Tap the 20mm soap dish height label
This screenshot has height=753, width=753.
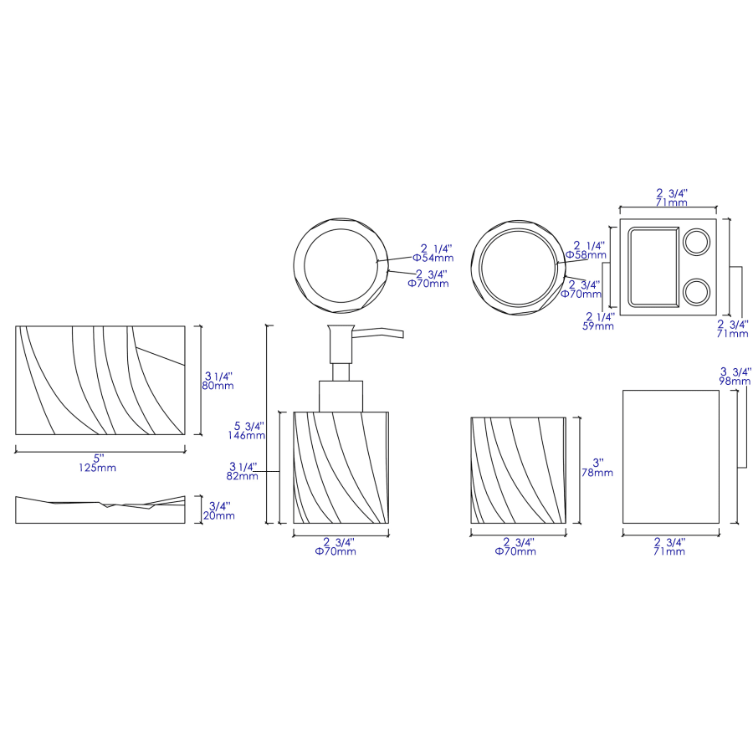tap(219, 515)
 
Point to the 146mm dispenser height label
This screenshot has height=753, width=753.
tap(250, 435)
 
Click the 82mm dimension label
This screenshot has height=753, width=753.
tap(242, 476)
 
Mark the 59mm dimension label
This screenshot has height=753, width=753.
tap(599, 326)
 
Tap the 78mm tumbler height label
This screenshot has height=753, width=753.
tap(597, 473)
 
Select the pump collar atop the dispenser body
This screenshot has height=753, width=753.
tap(341, 396)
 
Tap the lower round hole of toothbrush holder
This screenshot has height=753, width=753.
tap(696, 291)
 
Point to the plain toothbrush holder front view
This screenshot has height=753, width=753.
tap(671, 456)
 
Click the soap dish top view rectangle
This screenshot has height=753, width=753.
tap(100, 380)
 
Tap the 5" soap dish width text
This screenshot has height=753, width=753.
tap(97, 458)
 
